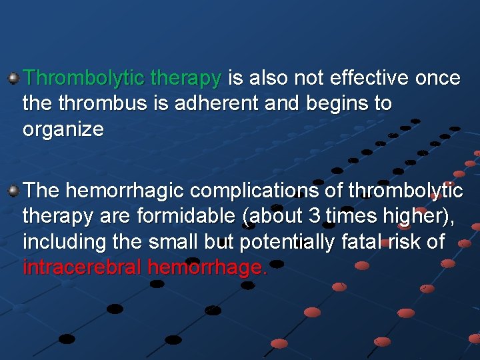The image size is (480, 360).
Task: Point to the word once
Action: coord(437,79)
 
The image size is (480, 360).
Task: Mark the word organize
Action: coord(63,129)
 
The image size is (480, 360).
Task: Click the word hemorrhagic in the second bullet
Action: coord(125,191)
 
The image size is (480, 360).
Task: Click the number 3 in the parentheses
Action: coord(315,217)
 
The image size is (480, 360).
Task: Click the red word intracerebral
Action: coord(83,267)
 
